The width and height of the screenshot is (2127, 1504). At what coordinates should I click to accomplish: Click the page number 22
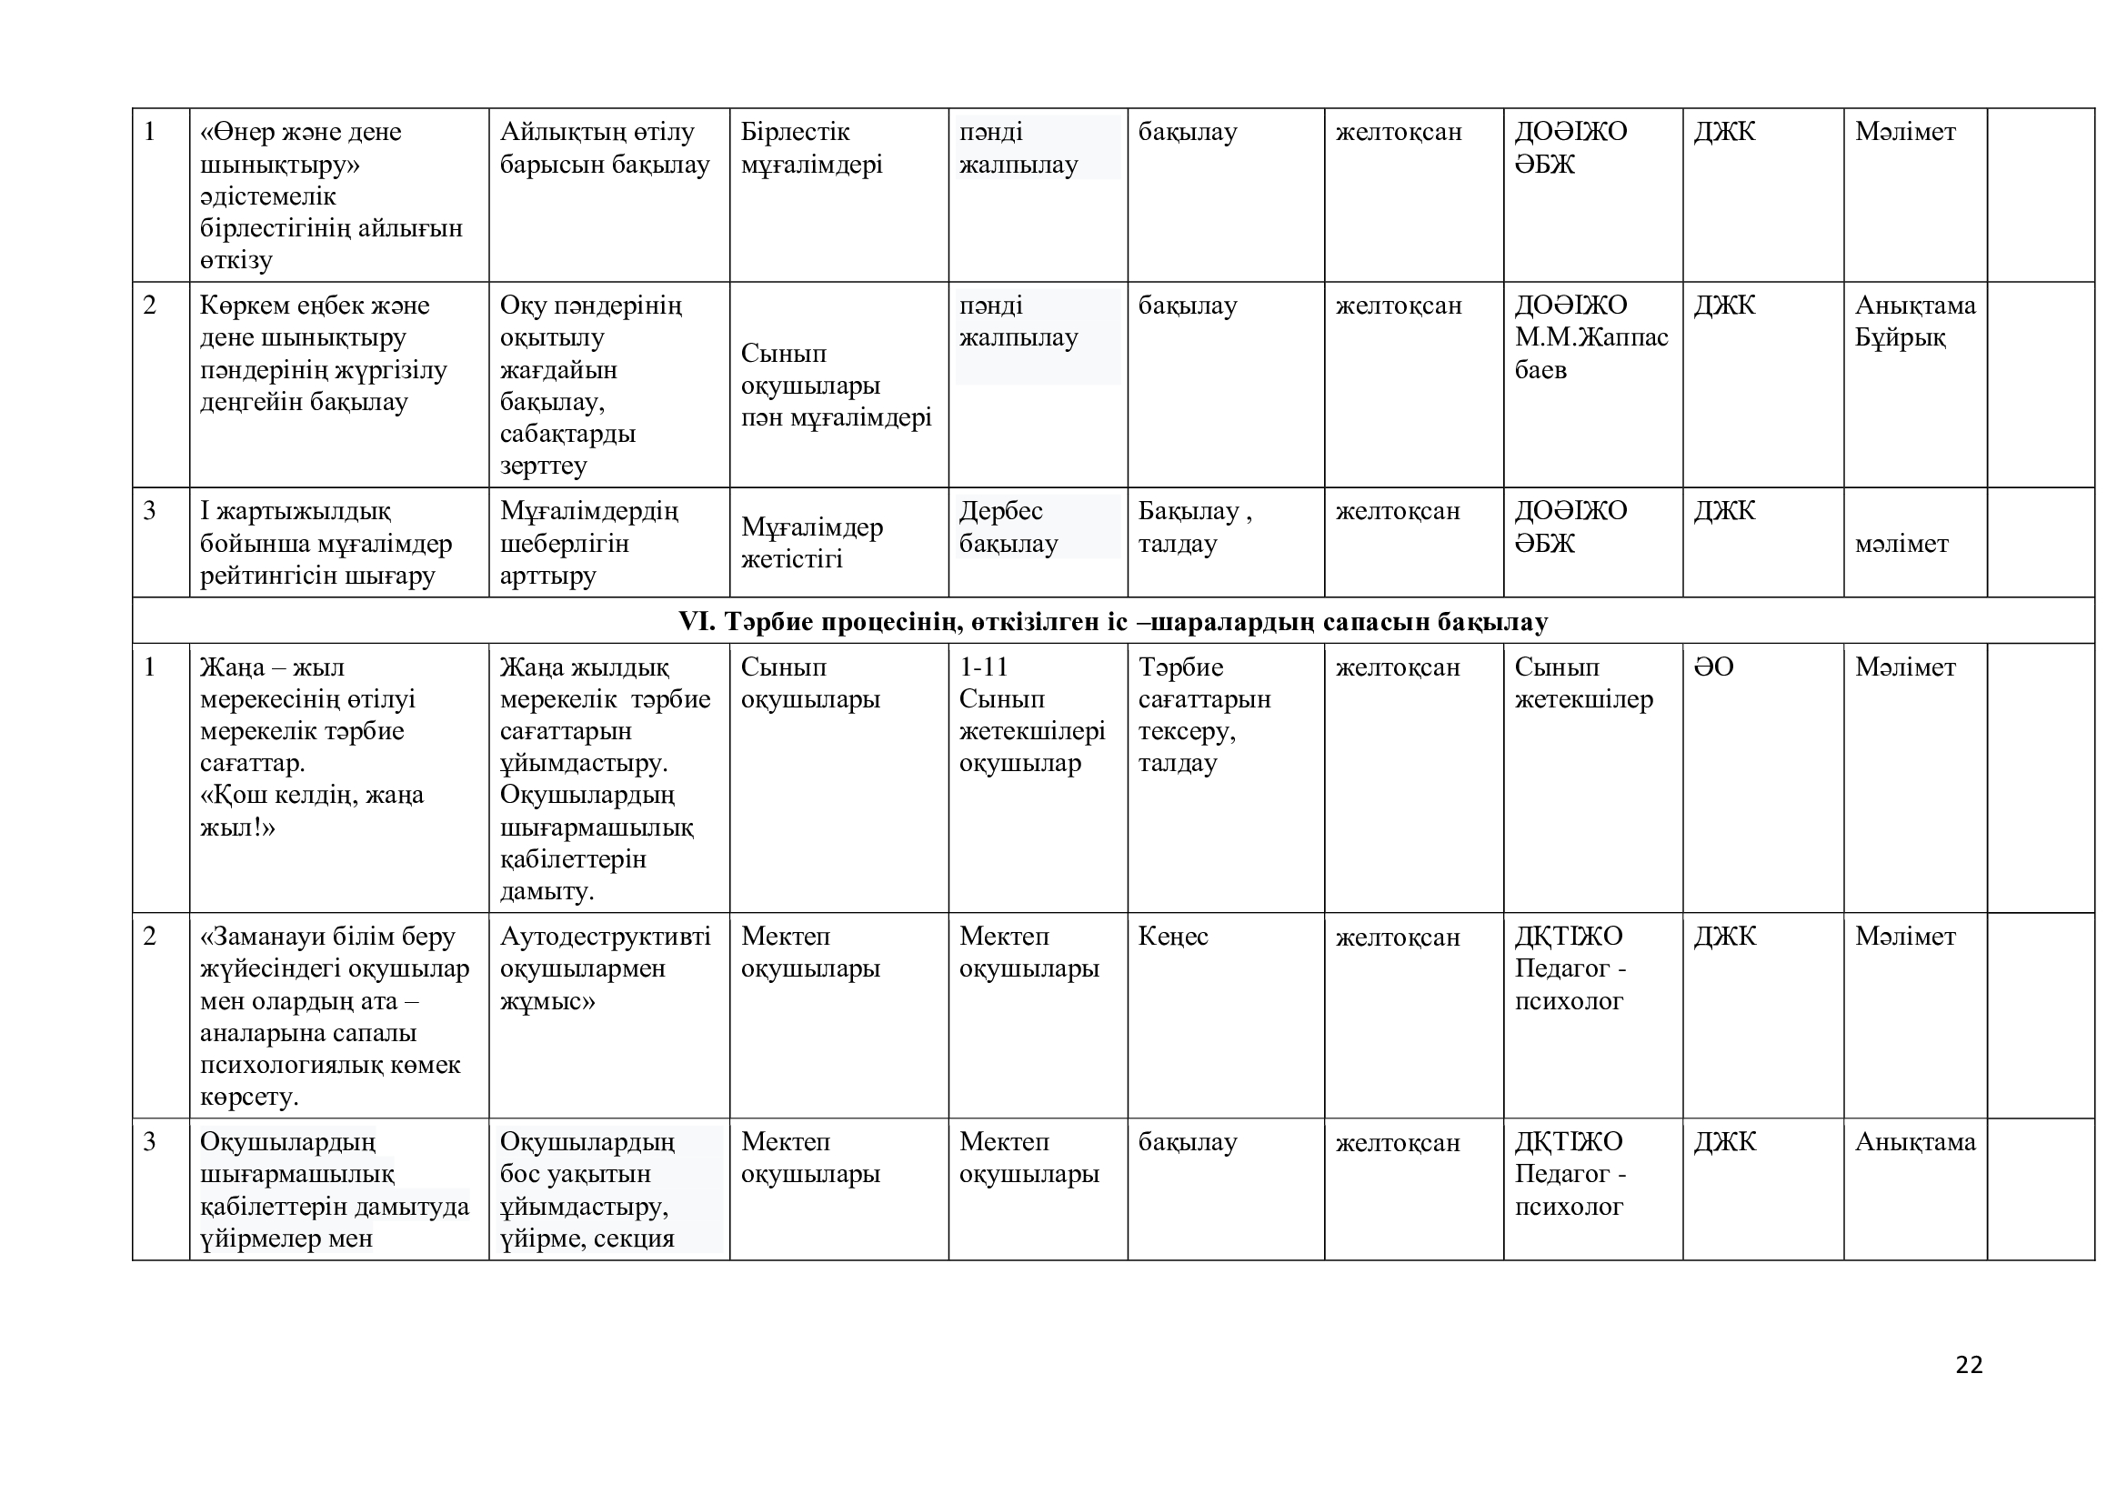[x=1969, y=1364]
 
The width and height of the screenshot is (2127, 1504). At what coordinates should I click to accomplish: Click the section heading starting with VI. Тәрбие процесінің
[x=1112, y=621]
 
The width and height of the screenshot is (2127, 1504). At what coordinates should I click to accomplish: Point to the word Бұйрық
[x=1900, y=337]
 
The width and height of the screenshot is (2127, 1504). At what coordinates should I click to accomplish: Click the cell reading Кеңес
[x=1173, y=937]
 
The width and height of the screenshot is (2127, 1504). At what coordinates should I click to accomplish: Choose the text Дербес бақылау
[x=1008, y=527]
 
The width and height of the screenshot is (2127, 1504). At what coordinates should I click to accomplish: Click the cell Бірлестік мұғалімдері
[x=811, y=148]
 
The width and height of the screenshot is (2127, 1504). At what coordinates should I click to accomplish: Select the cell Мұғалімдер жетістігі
[x=811, y=543]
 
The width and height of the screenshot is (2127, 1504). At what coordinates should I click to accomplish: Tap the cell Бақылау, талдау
[x=1194, y=527]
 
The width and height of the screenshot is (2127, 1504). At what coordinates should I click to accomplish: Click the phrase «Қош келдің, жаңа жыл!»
[x=311, y=811]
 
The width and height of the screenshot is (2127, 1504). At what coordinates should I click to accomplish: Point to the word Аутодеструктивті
[x=605, y=937]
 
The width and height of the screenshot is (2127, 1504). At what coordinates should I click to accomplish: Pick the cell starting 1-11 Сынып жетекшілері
[x=1032, y=715]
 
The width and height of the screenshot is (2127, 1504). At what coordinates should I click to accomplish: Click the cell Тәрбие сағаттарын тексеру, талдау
[x=1204, y=715]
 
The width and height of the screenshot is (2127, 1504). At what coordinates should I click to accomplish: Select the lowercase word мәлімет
[x=1901, y=544]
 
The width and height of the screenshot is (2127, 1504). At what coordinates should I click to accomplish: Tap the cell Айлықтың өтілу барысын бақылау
[x=604, y=148]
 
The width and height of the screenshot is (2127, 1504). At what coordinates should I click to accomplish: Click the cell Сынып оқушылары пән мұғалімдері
[x=836, y=386]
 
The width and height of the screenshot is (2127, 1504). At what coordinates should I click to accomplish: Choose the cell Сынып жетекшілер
[x=1583, y=684]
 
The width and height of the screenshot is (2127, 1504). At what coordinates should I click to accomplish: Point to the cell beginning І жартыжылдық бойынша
[x=326, y=543]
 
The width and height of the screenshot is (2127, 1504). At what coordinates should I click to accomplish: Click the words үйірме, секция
[x=587, y=1238]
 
